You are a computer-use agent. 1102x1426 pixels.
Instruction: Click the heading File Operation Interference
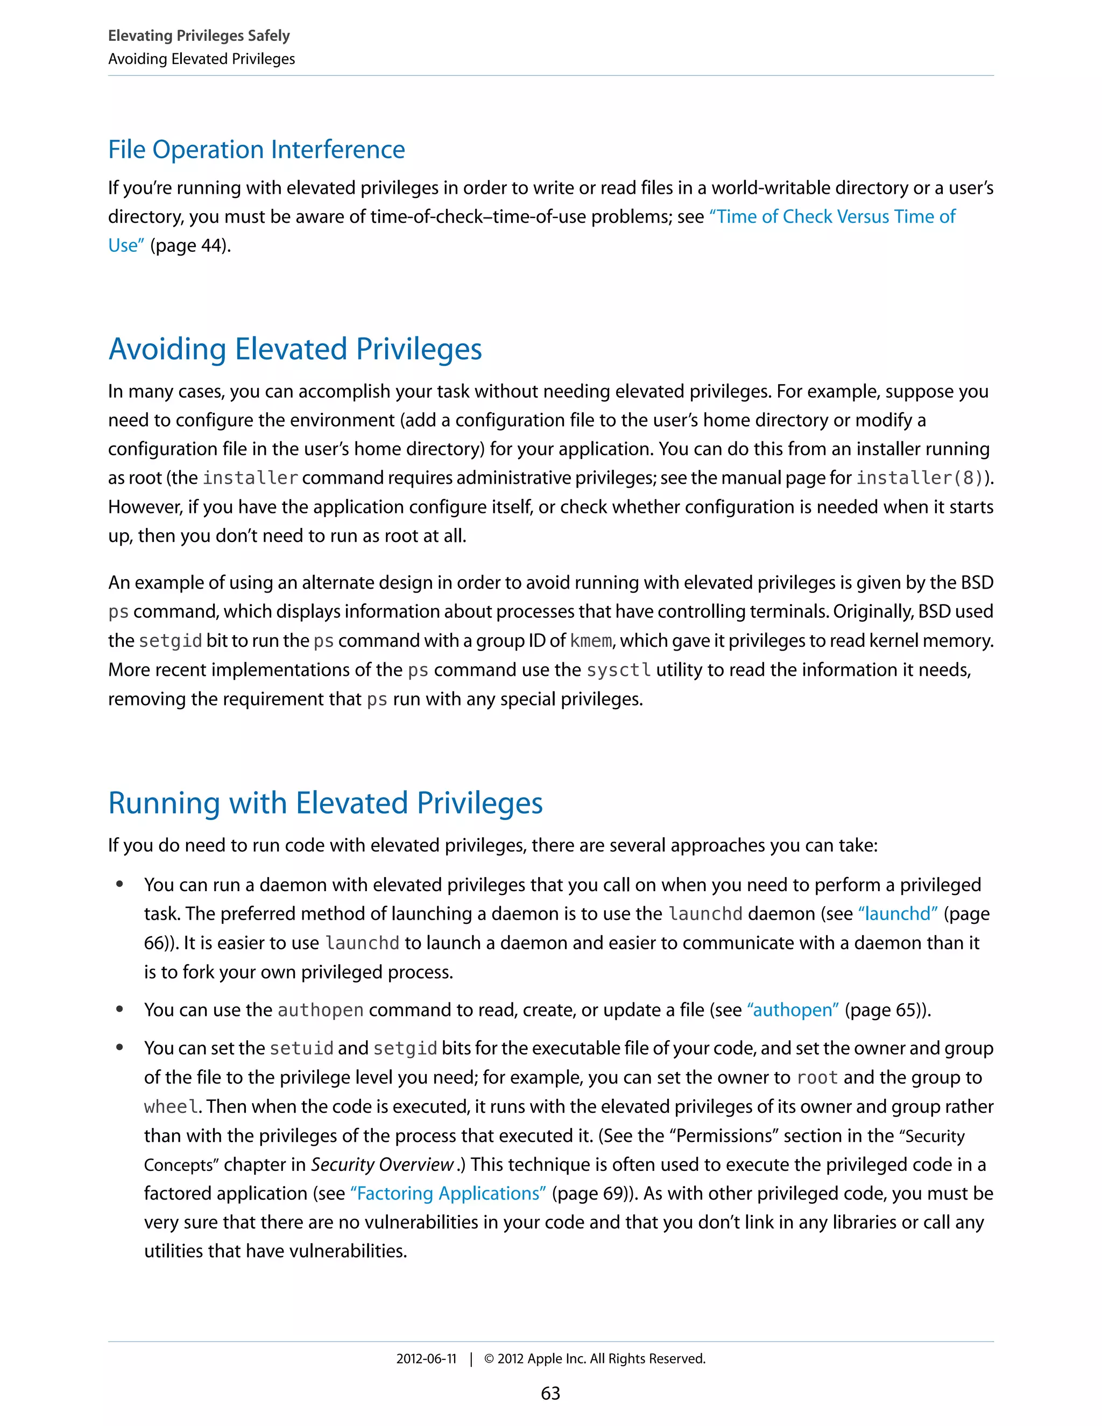[x=257, y=150]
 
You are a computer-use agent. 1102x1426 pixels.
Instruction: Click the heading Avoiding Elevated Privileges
[x=295, y=349]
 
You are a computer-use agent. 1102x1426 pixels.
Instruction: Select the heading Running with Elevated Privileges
[x=325, y=802]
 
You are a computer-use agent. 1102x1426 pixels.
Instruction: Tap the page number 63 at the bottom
[x=550, y=1393]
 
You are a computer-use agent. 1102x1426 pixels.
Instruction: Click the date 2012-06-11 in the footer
[x=426, y=1359]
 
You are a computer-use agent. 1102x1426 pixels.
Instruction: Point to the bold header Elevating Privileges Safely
[x=199, y=36]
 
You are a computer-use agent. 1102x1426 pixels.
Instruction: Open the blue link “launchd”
[x=898, y=914]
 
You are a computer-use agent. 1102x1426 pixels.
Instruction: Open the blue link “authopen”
[x=793, y=1010]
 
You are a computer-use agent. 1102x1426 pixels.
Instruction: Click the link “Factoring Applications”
[x=448, y=1193]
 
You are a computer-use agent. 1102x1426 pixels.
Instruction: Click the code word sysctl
[x=618, y=670]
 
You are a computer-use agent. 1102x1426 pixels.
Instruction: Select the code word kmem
[x=590, y=640]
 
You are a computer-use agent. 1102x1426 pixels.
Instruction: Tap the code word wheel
[x=171, y=1107]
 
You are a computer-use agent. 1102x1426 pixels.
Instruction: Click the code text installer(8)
[x=919, y=478]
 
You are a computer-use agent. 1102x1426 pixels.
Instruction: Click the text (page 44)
[x=190, y=245]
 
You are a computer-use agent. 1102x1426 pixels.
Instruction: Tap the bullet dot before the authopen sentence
[x=119, y=1010]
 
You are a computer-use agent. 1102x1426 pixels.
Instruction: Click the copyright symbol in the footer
[x=489, y=1359]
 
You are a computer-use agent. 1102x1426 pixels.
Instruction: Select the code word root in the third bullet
[x=817, y=1077]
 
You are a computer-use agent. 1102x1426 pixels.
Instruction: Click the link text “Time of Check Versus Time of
[x=832, y=217]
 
